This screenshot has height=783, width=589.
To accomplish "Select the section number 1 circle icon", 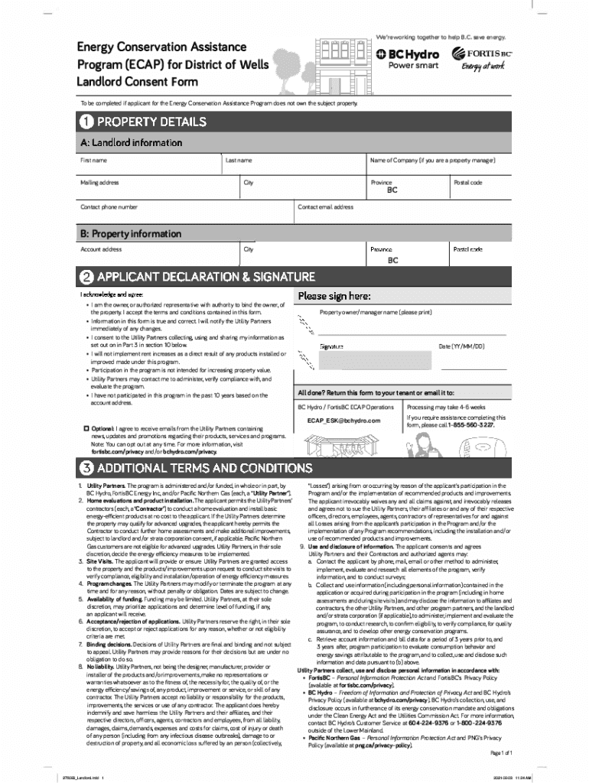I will [86, 122].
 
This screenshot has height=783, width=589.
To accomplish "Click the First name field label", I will [93, 161].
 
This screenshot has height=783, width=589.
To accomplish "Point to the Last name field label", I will [238, 161].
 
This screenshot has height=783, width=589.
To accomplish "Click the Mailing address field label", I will [99, 183].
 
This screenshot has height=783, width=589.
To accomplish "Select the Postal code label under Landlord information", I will [467, 183].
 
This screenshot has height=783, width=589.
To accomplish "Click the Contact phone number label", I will [109, 207].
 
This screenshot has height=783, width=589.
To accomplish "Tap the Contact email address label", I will [325, 207].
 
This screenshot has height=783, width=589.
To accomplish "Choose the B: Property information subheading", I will [131, 233].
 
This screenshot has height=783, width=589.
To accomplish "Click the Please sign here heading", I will [334, 296].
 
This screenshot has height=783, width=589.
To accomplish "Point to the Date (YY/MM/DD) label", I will [461, 346].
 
